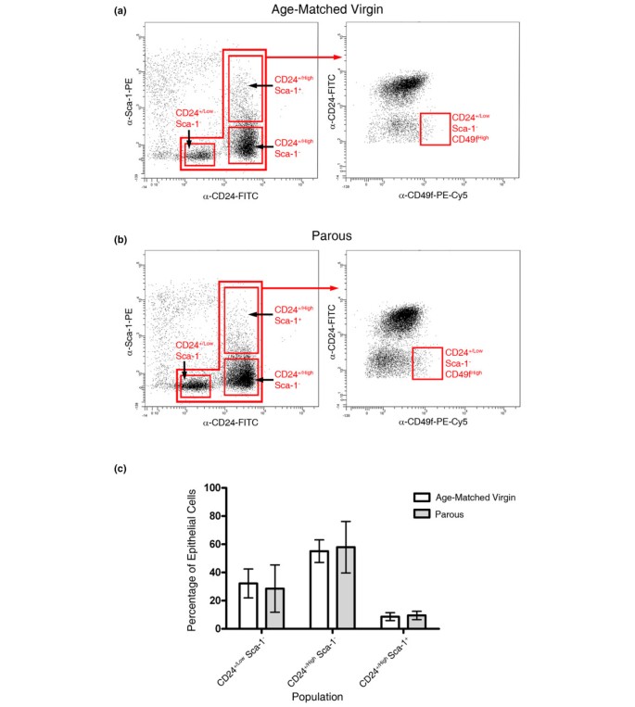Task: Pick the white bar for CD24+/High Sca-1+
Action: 390,622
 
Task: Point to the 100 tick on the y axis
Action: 218,487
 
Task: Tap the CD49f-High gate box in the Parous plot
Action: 426,362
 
